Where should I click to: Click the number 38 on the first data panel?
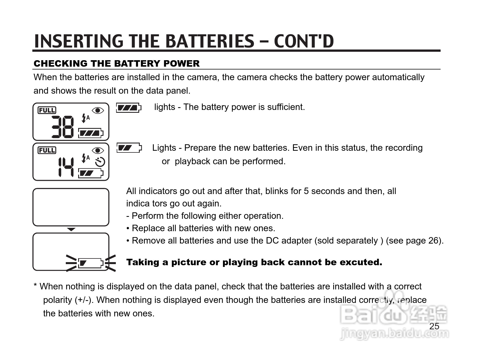click(63, 127)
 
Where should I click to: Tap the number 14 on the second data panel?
click(66, 167)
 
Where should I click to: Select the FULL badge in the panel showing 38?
click(47, 110)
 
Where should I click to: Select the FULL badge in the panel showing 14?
click(47, 150)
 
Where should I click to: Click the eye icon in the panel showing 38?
click(98, 110)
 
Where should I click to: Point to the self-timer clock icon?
click(100, 162)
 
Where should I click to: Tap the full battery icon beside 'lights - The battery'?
click(128, 108)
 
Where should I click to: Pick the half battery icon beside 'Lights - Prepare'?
click(129, 148)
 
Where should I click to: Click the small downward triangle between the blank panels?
click(71, 229)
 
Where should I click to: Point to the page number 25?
click(434, 326)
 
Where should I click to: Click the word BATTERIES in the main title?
click(209, 41)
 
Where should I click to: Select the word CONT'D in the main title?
click(304, 41)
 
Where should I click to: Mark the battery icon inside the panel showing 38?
click(91, 133)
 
